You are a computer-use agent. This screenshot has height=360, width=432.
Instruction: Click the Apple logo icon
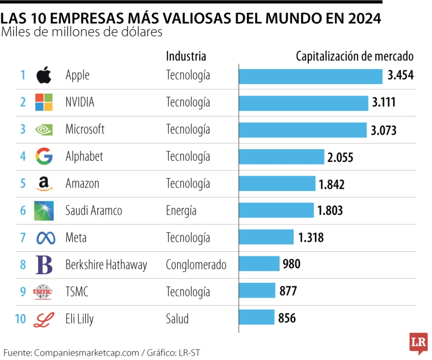coord(43,75)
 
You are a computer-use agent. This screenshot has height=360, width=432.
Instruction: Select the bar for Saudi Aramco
coord(276,210)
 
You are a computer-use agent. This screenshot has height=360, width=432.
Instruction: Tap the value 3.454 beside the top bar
coord(400,76)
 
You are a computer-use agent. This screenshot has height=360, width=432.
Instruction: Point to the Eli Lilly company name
coord(79,319)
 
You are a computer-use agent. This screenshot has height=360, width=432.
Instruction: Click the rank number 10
coord(20,319)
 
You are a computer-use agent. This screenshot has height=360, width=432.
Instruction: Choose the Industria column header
coord(186,56)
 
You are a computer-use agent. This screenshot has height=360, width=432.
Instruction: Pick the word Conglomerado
coord(196,265)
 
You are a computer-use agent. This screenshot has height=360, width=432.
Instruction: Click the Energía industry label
coord(181,211)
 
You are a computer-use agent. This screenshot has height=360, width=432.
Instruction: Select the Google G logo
coord(44,156)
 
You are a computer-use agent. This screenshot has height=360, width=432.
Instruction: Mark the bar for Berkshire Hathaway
coord(259,264)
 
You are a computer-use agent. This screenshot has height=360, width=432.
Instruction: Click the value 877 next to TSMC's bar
coord(288,291)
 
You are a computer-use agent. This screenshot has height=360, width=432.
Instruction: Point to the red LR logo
coord(418,342)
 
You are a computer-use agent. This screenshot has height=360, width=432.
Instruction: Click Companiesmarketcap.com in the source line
coord(86,352)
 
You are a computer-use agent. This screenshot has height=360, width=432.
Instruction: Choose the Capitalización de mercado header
coord(354,56)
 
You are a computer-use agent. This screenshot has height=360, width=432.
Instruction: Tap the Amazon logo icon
coord(44,184)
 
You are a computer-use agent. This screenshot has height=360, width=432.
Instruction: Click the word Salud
coord(177,319)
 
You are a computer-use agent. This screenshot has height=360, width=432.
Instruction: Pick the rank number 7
coord(23,238)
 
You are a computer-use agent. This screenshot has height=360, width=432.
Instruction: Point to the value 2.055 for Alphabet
coord(340,157)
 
